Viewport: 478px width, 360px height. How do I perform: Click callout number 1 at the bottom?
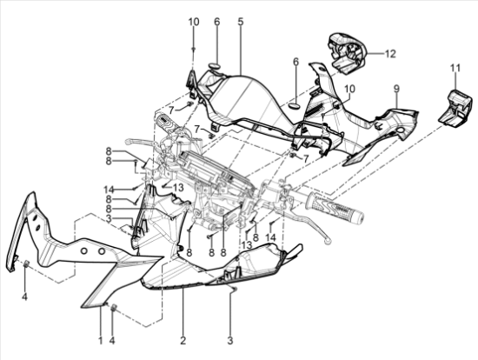[101, 340]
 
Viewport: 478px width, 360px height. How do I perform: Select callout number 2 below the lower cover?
[183, 340]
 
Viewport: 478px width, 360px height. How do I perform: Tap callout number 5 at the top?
[241, 22]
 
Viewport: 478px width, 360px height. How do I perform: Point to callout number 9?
[396, 89]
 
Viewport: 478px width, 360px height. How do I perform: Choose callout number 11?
[455, 68]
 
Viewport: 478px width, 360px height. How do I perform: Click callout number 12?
[390, 54]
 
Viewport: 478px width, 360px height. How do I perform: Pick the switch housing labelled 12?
[347, 52]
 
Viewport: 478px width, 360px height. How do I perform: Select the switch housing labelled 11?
[456, 108]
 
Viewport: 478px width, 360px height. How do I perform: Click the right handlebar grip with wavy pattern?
[335, 208]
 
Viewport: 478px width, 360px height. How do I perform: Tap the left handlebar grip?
[167, 123]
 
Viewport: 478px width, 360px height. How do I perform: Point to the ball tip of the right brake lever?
[328, 242]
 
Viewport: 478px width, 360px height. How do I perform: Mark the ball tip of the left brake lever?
[128, 141]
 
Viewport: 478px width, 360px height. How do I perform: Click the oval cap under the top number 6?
[216, 66]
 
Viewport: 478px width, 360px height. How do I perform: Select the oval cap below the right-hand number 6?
[295, 105]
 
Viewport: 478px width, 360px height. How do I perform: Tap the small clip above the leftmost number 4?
[26, 263]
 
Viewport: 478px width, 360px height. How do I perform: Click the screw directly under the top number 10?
[193, 49]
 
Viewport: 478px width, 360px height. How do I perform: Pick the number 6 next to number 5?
[216, 22]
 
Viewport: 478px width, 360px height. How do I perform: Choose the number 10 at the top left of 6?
[194, 22]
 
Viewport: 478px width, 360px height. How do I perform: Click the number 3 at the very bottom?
[230, 340]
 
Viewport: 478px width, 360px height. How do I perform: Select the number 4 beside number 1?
[112, 340]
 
